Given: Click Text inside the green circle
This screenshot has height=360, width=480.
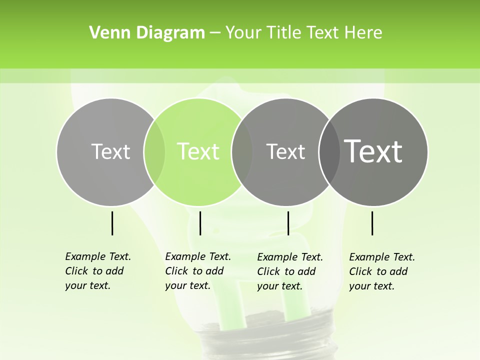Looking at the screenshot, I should [198, 151].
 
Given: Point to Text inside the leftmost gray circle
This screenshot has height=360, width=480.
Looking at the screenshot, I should [110, 151].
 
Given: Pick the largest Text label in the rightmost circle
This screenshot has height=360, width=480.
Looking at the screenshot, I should [373, 151].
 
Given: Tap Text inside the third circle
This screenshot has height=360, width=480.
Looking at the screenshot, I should [285, 151].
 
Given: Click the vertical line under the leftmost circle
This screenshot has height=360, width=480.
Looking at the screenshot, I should [112, 223].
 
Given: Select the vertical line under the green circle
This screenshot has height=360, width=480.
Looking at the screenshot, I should [200, 223].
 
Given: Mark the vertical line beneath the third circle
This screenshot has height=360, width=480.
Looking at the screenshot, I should [288, 223].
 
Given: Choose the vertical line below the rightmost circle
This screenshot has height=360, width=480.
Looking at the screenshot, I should [372, 223].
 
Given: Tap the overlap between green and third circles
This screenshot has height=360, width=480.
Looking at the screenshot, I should [242, 152].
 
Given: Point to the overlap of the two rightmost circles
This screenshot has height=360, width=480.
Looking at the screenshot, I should [329, 152].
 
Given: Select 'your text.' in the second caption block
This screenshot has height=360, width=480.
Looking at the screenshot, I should [187, 286].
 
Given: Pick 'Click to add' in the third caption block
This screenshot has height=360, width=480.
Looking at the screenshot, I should [286, 271].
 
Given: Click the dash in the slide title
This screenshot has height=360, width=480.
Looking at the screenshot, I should [215, 32].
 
